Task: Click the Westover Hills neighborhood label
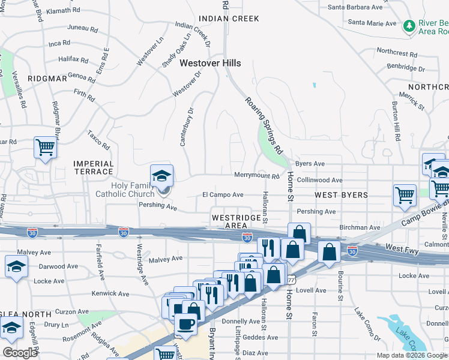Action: pos(210,63)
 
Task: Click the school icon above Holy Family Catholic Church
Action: pos(161,176)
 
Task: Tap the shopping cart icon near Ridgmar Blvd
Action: pos(46,146)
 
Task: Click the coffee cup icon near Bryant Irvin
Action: pos(185,323)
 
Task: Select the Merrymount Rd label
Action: pos(257,176)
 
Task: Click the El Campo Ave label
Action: pos(223,195)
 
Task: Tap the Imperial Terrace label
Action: pos(93,167)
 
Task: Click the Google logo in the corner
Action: pos(20,353)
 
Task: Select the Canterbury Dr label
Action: pos(185,127)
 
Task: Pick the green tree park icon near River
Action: pos(409,26)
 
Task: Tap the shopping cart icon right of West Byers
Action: pos(405,194)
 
